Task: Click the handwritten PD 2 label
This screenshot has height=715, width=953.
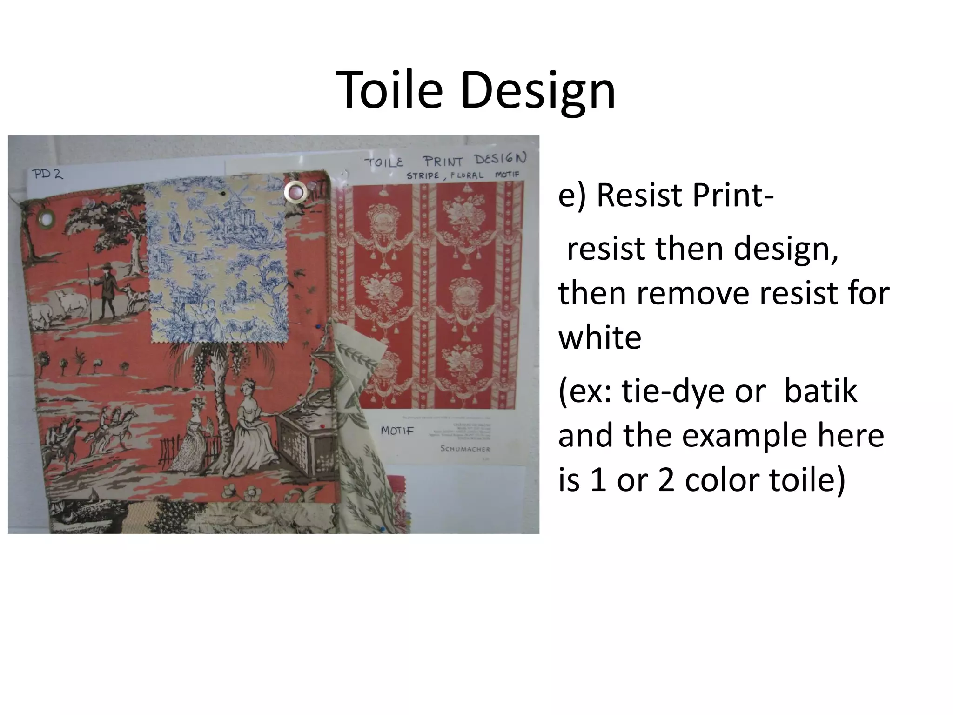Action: (x=47, y=174)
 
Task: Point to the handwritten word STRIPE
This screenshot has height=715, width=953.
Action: (x=423, y=176)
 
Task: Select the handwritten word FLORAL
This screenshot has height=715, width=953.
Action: (x=467, y=176)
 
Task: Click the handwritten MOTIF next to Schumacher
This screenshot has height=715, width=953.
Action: (x=397, y=431)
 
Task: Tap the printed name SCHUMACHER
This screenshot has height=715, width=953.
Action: (x=465, y=449)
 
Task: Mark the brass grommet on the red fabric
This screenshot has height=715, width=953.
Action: (x=46, y=216)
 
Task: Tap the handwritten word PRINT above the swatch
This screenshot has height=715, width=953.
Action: (x=443, y=161)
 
